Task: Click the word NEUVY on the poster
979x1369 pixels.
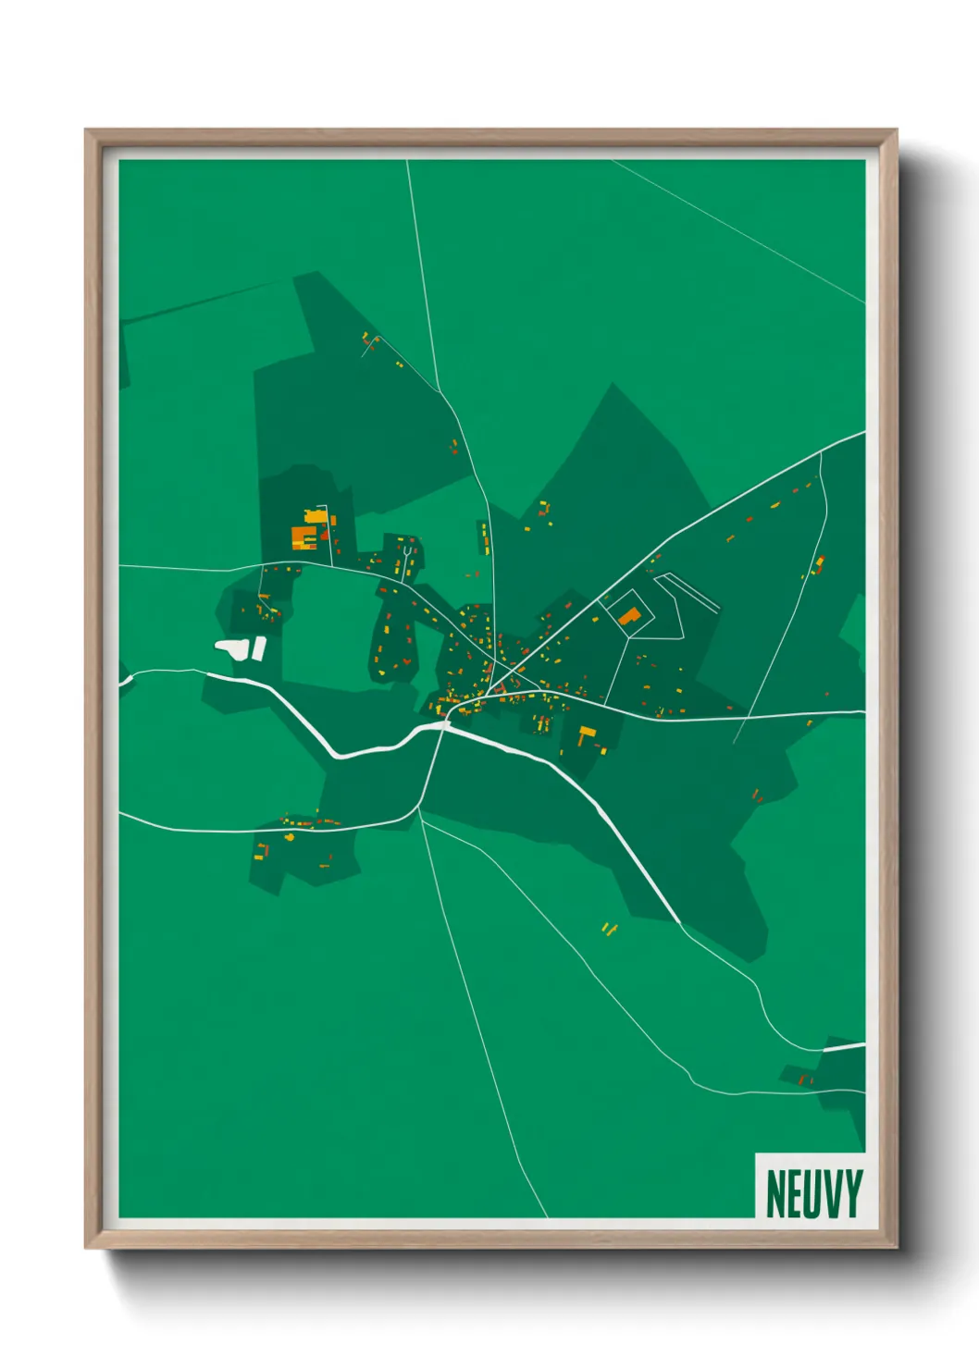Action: pyautogui.click(x=813, y=1193)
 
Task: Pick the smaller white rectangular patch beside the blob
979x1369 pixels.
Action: pyautogui.click(x=260, y=647)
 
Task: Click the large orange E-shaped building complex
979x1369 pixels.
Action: pyautogui.click(x=304, y=536)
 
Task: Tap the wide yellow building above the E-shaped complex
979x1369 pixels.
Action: pyautogui.click(x=316, y=515)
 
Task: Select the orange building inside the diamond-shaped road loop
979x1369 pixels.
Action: pyautogui.click(x=629, y=616)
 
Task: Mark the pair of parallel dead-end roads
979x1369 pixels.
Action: pyautogui.click(x=689, y=592)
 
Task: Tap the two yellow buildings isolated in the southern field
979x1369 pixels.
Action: pyautogui.click(x=608, y=928)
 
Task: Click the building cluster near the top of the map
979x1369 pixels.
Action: pyautogui.click(x=371, y=342)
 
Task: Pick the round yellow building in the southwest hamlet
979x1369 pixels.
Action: pyautogui.click(x=289, y=837)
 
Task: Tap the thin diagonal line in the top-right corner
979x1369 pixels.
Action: pyautogui.click(x=740, y=231)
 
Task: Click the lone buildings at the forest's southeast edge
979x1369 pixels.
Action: pyautogui.click(x=756, y=795)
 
